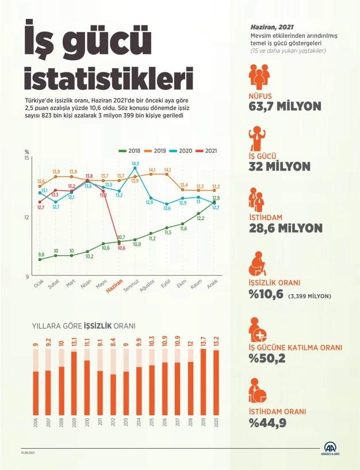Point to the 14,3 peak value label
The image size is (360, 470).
[x=135, y=164]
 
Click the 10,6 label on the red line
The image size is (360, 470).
[x=121, y=248]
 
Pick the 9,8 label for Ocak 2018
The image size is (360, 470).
[x=41, y=254]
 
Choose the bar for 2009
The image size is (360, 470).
[x=74, y=382]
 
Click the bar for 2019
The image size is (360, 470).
[x=202, y=381]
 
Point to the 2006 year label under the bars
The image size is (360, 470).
[x=35, y=425]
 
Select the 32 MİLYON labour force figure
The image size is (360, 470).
[x=279, y=167]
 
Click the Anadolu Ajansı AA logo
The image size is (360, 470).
[x=331, y=449]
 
